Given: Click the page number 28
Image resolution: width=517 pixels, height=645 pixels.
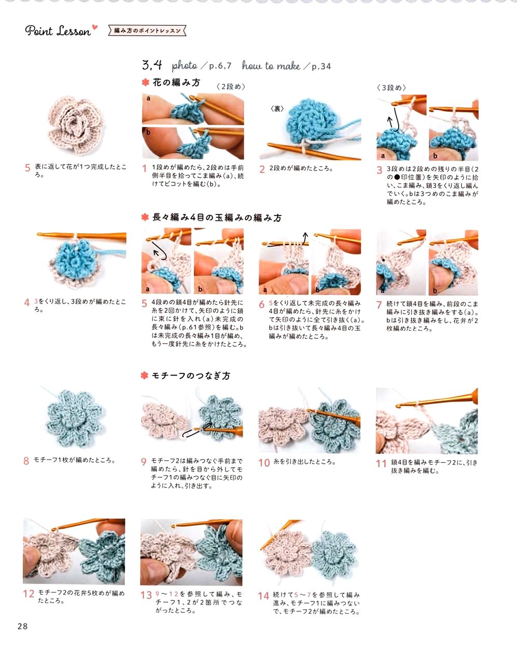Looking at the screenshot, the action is tap(22, 626).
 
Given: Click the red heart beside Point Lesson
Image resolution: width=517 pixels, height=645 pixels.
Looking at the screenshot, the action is tap(95, 27).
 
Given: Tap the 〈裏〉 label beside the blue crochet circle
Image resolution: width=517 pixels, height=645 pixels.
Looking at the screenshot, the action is tap(277, 109).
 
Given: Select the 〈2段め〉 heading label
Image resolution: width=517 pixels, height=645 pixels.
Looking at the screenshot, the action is tap(231, 87).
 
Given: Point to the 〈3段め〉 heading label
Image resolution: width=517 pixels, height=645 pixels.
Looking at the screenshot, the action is tap(392, 88).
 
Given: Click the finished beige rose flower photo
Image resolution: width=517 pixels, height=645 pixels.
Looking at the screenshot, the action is tap(76, 125).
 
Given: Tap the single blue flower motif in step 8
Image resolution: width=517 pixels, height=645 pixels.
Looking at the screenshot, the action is tap(74, 419).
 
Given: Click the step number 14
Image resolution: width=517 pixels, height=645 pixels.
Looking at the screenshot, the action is tap(263, 596).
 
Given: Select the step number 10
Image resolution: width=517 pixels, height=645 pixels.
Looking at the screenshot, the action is tap(264, 463).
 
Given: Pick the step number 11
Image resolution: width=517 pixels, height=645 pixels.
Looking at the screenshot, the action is tap(381, 464).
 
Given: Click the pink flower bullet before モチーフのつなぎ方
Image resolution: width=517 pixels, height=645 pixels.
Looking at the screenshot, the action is tap(145, 375).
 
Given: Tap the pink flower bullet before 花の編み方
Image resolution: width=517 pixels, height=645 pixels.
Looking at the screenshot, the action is tap(146, 82).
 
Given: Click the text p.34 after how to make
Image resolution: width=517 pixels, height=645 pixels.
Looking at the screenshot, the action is tap(322, 66).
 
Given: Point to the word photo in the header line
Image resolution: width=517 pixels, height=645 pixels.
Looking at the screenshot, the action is tap(185, 66).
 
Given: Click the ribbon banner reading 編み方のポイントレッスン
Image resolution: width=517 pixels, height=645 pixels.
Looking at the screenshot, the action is tap(147, 31).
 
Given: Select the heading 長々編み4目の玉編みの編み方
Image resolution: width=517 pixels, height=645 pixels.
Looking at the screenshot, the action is tap(217, 217).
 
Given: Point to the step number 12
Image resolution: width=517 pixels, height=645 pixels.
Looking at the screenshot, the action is tap(29, 594).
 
